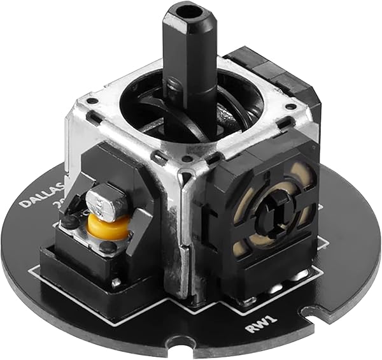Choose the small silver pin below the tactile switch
tap(115, 282)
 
